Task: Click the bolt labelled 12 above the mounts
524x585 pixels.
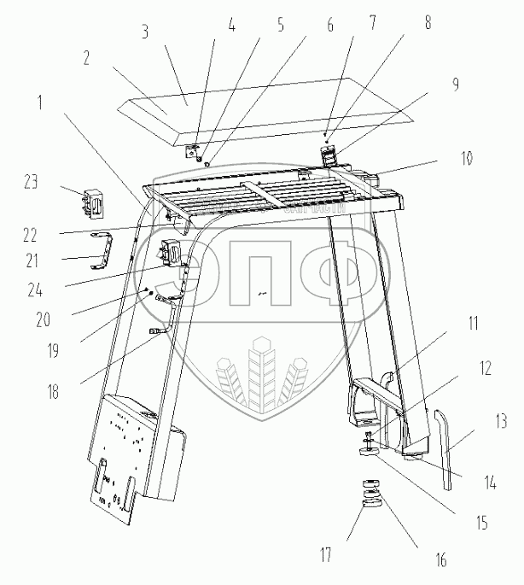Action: [370, 439]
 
